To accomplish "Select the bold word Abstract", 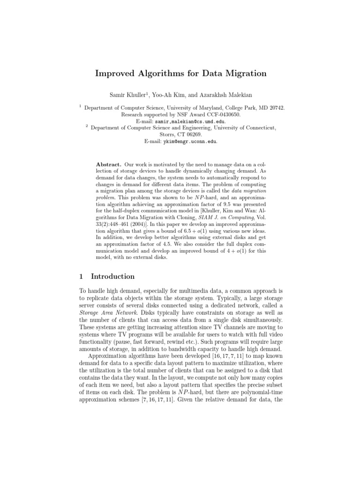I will [109, 165].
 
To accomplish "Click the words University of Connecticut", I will [246, 127].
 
